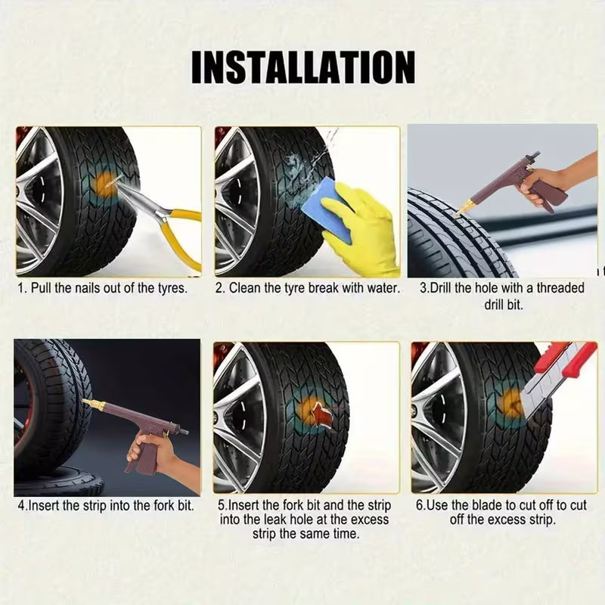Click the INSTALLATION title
point(302,67)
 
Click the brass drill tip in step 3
point(464,206)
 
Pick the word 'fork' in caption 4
point(148,505)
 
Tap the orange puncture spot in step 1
point(104,184)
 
